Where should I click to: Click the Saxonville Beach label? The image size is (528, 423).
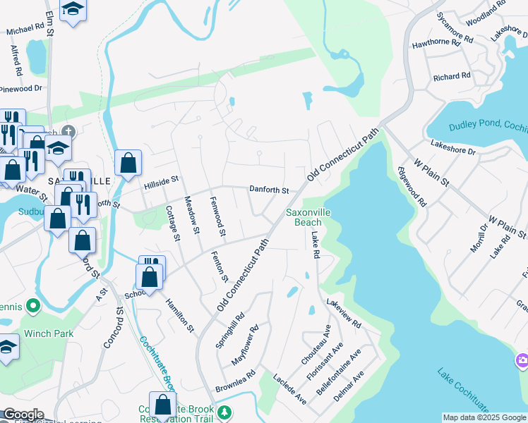click(x=308, y=217)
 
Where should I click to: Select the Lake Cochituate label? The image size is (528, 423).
click(x=463, y=391)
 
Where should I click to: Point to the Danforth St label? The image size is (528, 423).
click(x=269, y=190)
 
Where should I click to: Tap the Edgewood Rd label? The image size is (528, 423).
click(x=412, y=186)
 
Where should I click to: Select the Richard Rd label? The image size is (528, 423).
click(x=452, y=76)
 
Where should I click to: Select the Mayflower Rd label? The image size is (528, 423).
click(x=246, y=345)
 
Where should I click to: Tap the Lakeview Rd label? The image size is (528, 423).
click(x=344, y=314)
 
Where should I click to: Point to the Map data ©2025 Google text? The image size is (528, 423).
click(x=484, y=417)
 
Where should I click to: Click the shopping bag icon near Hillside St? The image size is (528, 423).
click(x=128, y=164)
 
